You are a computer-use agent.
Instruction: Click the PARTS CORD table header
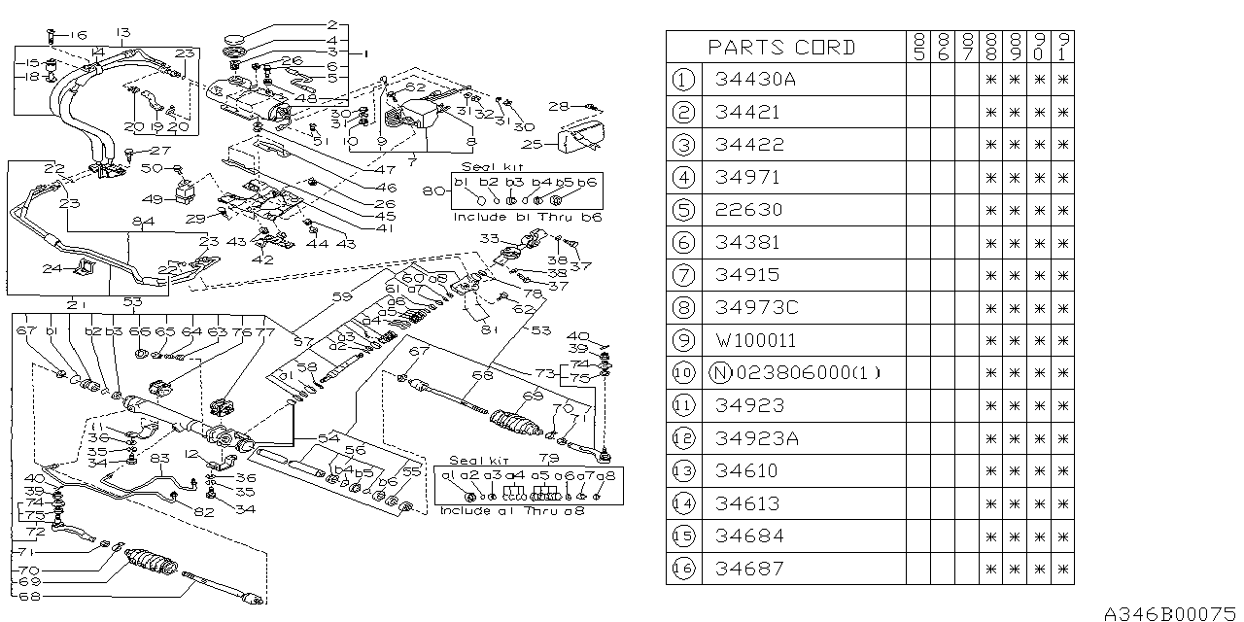point(781,47)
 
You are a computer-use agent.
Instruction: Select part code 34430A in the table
point(754,80)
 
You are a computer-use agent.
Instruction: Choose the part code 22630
point(747,210)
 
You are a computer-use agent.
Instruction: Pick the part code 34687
point(747,568)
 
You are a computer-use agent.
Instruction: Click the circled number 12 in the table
point(684,438)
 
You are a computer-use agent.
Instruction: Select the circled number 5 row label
point(684,210)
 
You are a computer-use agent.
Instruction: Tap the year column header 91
point(1063,47)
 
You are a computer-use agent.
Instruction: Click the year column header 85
point(917,47)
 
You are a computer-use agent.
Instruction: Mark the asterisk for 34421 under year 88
point(990,113)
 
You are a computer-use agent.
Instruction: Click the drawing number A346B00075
point(1171,613)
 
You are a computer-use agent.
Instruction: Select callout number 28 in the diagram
point(557,106)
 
